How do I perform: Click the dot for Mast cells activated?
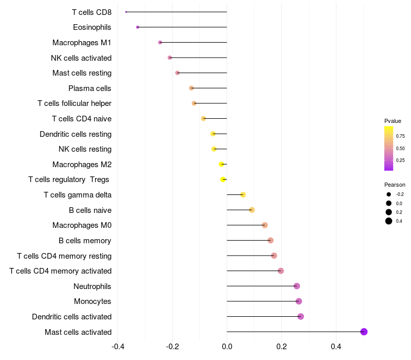[364, 332]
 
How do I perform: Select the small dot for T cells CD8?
[126, 12]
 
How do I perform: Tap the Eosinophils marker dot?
[137, 27]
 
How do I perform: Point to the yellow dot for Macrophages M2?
[221, 164]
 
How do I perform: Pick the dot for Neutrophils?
[296, 286]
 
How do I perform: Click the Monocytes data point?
[299, 301]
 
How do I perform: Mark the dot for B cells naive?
[252, 210]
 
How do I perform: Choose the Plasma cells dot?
[192, 88]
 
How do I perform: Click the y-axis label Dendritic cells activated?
[71, 317]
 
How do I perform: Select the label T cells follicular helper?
[74, 103]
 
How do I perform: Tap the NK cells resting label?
[85, 149]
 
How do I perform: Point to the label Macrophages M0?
[82, 225]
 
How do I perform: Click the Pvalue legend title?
[393, 121]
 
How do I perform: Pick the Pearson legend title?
[395, 185]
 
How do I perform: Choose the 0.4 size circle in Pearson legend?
[389, 221]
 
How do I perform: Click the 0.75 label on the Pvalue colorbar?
[400, 136]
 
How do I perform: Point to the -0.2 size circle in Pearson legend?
[389, 194]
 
